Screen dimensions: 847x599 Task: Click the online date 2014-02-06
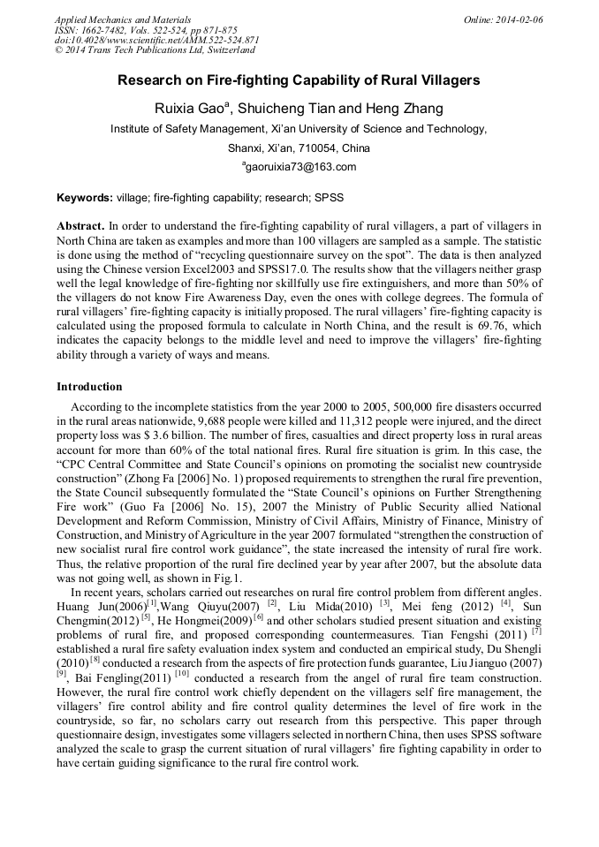point(516,19)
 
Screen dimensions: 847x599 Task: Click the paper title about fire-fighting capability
point(299,80)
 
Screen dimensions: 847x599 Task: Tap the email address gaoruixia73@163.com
point(300,167)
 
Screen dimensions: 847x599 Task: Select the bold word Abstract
point(80,226)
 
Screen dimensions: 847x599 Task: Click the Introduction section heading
point(89,387)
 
